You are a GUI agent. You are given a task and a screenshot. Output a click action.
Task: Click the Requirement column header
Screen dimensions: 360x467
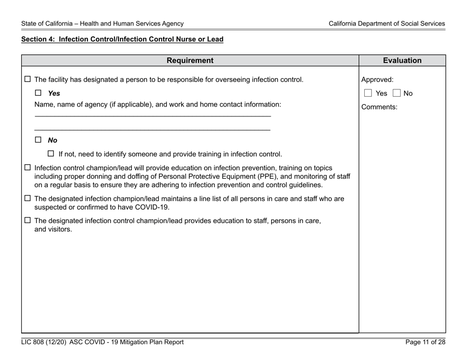pyautogui.click(x=190, y=61)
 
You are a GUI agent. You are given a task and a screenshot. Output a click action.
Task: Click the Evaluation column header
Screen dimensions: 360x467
pyautogui.click(x=402, y=61)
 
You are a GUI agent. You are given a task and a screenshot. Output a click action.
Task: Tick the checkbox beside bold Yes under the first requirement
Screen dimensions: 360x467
pyautogui.click(x=38, y=93)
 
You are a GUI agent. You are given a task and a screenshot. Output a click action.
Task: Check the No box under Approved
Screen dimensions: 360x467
pyautogui.click(x=397, y=93)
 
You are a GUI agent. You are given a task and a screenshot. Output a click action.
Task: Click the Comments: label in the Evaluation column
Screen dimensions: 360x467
pyautogui.click(x=379, y=107)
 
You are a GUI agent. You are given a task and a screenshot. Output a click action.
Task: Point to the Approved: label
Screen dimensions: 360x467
pyautogui.click(x=378, y=80)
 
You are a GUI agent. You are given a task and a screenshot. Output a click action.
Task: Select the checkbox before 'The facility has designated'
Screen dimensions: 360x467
pyautogui.click(x=28, y=80)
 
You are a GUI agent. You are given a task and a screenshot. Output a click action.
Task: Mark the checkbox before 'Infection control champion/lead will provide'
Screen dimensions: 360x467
pyautogui.click(x=28, y=168)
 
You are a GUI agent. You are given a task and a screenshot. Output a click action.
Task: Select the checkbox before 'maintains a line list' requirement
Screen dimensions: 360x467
pyautogui.click(x=28, y=199)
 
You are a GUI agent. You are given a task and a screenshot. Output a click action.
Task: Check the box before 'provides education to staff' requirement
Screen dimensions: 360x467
pyautogui.click(x=28, y=221)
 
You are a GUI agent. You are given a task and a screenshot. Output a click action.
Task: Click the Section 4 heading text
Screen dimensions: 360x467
pyautogui.click(x=122, y=39)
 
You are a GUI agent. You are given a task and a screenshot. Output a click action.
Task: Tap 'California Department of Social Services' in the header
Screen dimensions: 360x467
pyautogui.click(x=387, y=23)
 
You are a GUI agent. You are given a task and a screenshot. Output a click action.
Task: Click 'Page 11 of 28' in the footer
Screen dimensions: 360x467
pyautogui.click(x=425, y=342)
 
